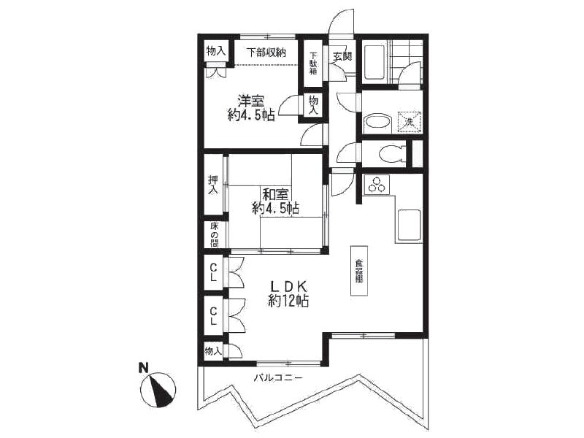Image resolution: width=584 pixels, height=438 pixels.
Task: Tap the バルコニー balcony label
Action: pos(277,377)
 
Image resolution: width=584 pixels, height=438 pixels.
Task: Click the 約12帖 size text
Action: pos(288,300)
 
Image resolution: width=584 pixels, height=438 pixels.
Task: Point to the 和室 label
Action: pos(275,194)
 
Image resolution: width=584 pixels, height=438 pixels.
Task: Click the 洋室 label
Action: pos(250,101)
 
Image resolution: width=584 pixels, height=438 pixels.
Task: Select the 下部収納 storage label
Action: pos(265,52)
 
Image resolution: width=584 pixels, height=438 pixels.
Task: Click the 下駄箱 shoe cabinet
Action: pos(312,63)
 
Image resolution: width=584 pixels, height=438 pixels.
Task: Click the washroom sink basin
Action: pos(377,123)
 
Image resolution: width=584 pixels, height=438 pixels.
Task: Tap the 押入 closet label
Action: pos(213,185)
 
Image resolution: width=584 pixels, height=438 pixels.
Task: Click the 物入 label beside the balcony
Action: pos(213,351)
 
